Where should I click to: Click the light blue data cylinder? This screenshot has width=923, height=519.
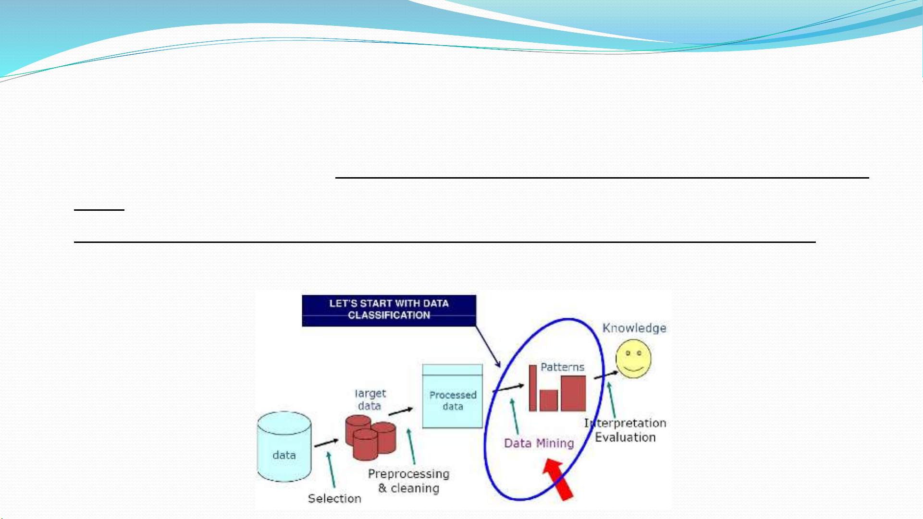point(284,447)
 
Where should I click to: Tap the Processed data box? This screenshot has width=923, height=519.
point(453,396)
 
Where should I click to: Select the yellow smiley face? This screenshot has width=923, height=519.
point(633,359)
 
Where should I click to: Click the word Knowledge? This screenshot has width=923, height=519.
point(634,328)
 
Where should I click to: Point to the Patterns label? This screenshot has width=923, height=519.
point(562,367)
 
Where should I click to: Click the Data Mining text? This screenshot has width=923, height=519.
point(539,443)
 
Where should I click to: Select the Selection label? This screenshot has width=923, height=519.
point(334,499)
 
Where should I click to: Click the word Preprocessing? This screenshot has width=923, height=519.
point(409,474)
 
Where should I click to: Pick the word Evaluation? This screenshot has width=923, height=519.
point(625,437)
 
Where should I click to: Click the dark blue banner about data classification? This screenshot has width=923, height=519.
point(389,311)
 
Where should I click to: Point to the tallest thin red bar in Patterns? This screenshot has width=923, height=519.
point(533,388)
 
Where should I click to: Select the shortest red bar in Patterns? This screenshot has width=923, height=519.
point(549,400)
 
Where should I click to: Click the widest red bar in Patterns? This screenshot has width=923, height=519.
point(574,393)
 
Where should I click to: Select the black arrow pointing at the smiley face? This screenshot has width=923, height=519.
point(606,375)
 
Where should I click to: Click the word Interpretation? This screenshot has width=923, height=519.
point(625,423)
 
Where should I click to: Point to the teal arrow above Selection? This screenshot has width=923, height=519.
point(331,470)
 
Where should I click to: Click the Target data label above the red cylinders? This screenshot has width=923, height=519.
point(370,399)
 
